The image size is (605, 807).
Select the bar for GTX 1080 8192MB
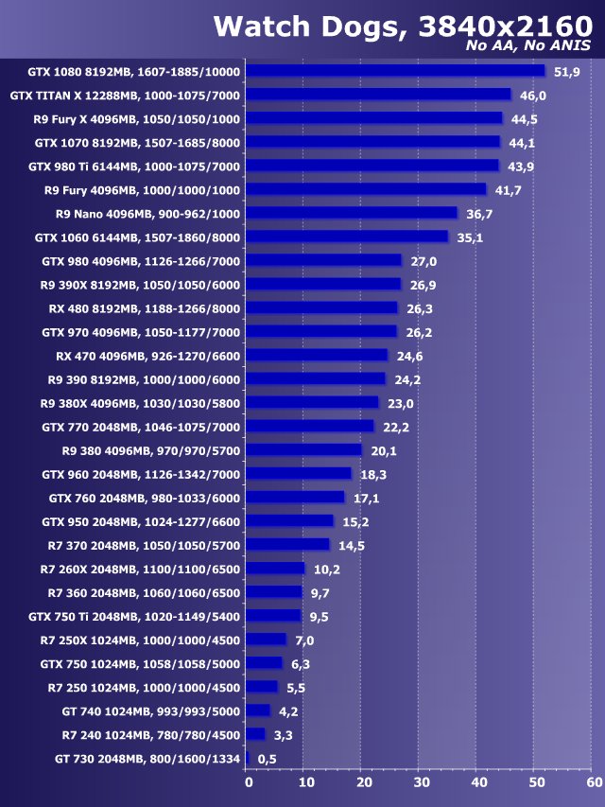pos(396,71)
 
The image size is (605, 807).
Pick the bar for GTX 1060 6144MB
pos(348,237)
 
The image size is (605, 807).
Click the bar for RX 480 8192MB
pos(323,307)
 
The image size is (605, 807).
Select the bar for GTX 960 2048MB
pos(300,473)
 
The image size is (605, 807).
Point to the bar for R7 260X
pos(276,569)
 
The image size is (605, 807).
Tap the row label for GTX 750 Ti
pos(134,616)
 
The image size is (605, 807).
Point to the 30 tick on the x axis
pos(420,782)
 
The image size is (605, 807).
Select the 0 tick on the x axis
pos(249,782)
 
